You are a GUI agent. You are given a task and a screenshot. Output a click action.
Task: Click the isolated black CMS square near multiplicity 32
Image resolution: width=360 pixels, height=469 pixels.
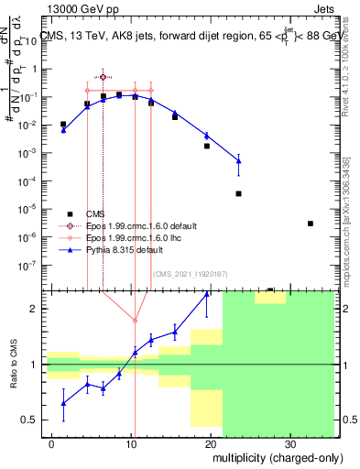[311, 224]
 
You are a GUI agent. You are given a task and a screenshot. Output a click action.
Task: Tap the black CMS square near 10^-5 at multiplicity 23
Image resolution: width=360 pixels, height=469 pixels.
[238, 193]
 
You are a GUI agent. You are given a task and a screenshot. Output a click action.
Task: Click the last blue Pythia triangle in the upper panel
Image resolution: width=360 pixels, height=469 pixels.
[238, 161]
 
